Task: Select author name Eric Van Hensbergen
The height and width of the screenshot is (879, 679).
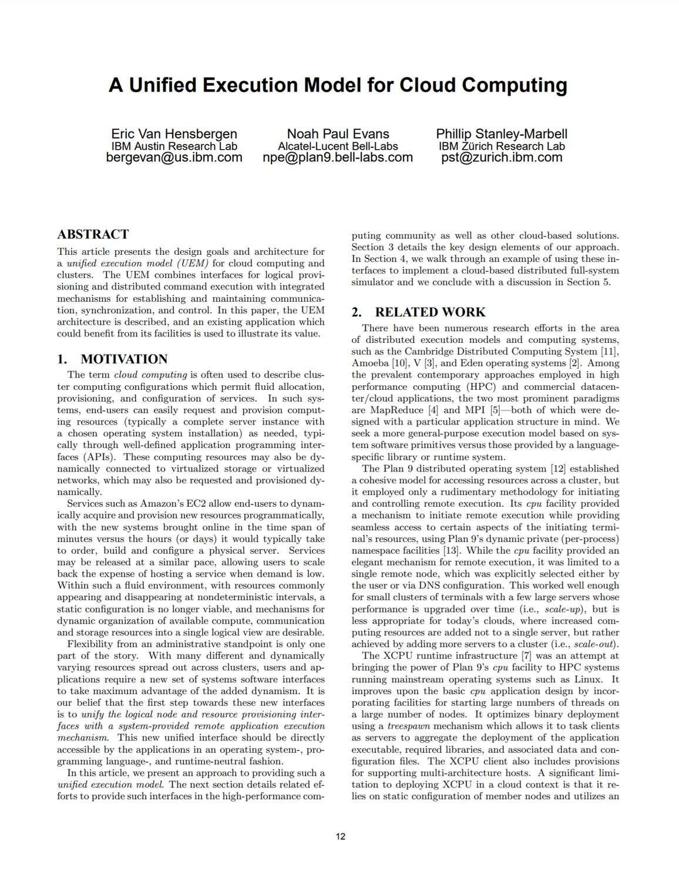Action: tap(174, 134)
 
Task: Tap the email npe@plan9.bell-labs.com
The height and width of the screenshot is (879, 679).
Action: tap(338, 157)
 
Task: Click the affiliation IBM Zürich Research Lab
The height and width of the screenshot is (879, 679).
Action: tap(501, 146)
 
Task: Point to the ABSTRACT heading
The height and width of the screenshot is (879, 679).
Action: tap(93, 234)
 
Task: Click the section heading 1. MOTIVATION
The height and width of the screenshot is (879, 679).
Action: tap(112, 359)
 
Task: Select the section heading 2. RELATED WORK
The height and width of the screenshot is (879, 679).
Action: tap(418, 312)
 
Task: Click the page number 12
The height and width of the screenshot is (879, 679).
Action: tap(341, 836)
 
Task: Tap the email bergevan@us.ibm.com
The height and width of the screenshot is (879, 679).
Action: tap(174, 157)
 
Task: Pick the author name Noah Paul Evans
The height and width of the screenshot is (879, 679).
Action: tap(338, 134)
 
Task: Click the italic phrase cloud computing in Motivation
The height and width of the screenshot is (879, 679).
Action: tap(150, 375)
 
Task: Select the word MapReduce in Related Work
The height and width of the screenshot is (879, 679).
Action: tap(396, 410)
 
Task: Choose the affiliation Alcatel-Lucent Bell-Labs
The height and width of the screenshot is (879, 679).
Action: tap(338, 146)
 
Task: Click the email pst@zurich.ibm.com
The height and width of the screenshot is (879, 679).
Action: tap(501, 157)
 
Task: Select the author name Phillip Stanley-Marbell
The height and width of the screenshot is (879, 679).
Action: tap(501, 134)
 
